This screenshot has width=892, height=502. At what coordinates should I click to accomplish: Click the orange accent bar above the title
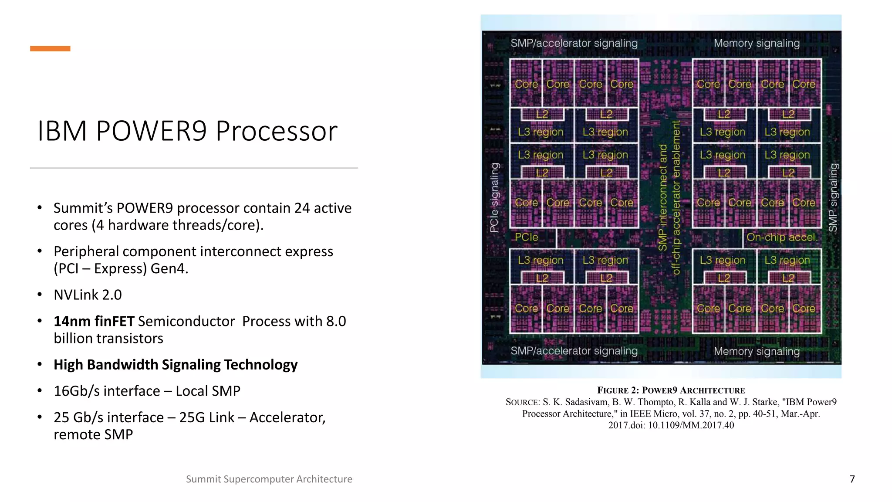50,48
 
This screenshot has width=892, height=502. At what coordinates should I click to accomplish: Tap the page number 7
852,479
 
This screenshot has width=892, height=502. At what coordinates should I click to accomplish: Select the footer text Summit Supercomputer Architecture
269,479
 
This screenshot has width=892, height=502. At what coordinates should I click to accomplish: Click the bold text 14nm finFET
94,321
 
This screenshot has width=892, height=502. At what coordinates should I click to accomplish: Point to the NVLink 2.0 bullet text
88,295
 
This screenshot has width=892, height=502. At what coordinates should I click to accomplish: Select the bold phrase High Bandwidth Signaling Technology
176,365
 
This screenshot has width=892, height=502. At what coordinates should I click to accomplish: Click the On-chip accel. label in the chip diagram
782,237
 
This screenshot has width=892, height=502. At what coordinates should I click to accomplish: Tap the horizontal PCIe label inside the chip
526,237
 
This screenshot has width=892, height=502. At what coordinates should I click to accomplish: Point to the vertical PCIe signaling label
494,197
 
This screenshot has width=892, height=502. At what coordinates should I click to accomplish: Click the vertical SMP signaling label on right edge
833,197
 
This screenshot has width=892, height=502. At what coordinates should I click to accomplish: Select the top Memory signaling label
757,43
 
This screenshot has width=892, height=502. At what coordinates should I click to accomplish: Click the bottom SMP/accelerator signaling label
574,351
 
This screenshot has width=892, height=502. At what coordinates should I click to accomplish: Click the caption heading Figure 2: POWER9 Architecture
671,390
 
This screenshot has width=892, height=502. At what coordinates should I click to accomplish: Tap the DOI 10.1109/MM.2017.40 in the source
691,425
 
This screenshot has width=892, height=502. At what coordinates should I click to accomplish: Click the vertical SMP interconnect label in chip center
663,197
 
